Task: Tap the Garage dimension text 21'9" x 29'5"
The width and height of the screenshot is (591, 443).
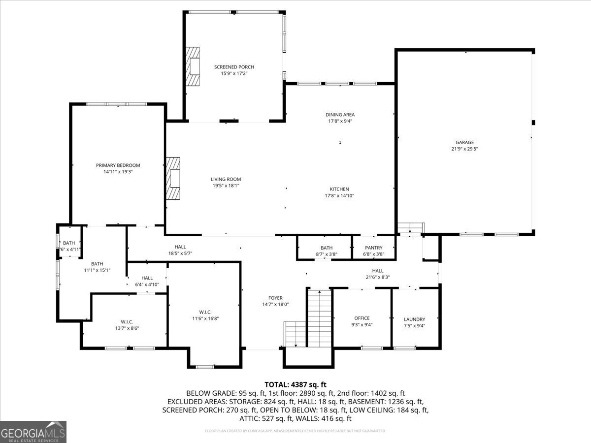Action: (464, 149)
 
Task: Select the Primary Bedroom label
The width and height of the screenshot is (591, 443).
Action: (118, 165)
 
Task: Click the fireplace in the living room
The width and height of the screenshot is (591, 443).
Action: (173, 179)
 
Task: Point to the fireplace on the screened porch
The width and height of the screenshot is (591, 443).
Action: (193, 66)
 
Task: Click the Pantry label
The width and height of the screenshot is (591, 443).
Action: (374, 248)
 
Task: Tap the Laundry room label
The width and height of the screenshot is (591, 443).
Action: (414, 319)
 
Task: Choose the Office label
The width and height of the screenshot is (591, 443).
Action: (362, 318)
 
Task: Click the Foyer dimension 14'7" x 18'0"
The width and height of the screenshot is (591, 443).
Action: (275, 304)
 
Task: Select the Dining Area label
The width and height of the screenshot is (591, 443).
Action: (340, 115)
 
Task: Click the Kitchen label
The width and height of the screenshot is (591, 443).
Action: (339, 189)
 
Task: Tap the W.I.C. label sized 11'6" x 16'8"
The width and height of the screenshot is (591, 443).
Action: (205, 312)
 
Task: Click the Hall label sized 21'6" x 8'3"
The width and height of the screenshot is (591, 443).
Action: (378, 271)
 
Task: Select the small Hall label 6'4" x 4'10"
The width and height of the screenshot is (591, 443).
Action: (147, 278)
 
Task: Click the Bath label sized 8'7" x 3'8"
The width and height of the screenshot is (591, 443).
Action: (327, 248)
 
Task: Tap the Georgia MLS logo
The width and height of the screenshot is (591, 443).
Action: (33, 432)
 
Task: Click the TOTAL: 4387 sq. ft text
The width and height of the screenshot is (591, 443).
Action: (295, 384)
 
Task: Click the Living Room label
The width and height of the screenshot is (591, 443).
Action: (226, 179)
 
